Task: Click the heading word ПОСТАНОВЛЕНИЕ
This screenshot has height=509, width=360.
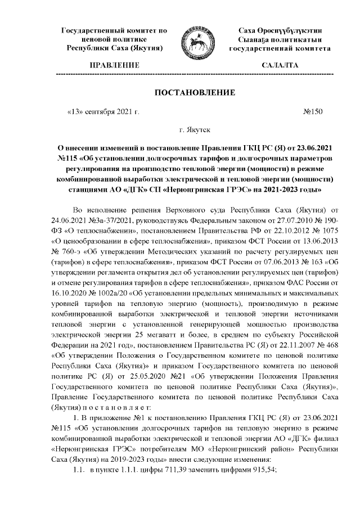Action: click(x=195, y=92)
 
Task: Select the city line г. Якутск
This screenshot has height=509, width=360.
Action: click(x=195, y=130)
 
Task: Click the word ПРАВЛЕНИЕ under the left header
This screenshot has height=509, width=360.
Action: click(x=114, y=66)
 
